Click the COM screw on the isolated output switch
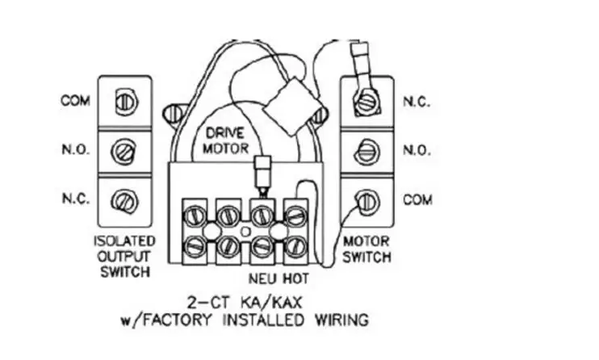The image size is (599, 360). click(x=126, y=102)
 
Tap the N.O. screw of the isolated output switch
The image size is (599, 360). click(x=124, y=151)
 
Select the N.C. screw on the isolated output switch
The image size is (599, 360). click(x=124, y=201)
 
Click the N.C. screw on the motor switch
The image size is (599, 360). click(x=367, y=102)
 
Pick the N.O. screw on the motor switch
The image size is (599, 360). click(x=367, y=151)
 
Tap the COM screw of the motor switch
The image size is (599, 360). click(x=367, y=202)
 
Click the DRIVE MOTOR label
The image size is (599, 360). click(x=226, y=140)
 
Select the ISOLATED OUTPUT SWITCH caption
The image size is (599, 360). click(x=125, y=257)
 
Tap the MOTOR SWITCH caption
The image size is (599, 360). click(x=367, y=249)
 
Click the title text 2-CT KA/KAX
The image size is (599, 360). click(x=245, y=303)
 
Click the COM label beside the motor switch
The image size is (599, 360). click(x=417, y=200)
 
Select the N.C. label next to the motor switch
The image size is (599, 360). click(x=417, y=102)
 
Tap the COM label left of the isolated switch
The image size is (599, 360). click(x=75, y=101)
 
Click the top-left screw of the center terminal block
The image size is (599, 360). click(x=195, y=216)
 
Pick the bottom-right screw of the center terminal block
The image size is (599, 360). click(x=296, y=246)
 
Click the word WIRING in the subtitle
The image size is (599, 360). click(x=342, y=320)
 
